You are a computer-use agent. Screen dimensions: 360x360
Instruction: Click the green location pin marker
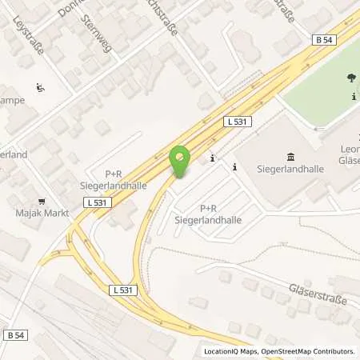[x=181, y=159]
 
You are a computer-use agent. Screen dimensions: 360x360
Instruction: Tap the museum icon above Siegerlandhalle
[x=289, y=156]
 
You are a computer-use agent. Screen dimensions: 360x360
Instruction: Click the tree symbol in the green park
[x=351, y=78]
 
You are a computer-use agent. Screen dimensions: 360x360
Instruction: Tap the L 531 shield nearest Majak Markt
[x=94, y=204]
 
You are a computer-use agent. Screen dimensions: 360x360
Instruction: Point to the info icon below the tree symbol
[x=353, y=97]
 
